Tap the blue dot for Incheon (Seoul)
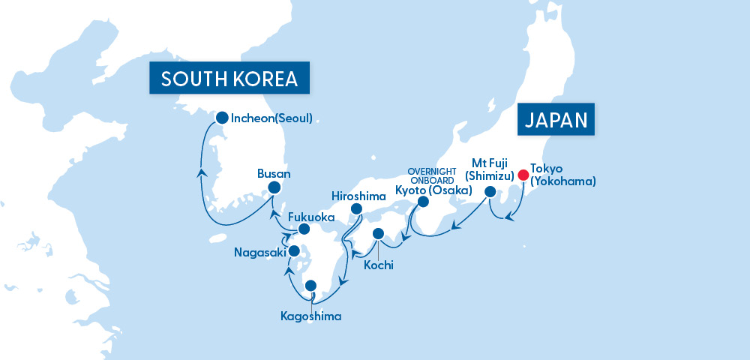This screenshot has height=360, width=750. (221, 118)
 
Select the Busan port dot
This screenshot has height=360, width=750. (274, 187)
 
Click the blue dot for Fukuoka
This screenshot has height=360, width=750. (304, 229)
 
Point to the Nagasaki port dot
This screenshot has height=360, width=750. (294, 250)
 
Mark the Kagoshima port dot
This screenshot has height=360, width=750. (310, 286)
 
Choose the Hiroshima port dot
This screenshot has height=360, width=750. (356, 209)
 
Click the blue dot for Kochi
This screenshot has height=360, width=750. (378, 233)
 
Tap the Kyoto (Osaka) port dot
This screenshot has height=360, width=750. (423, 202)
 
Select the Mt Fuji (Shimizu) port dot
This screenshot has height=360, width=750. (489, 192)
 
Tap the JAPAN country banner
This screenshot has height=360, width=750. (556, 120)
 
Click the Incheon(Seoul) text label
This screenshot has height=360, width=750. (271, 118)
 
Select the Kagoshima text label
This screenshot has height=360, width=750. (312, 316)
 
